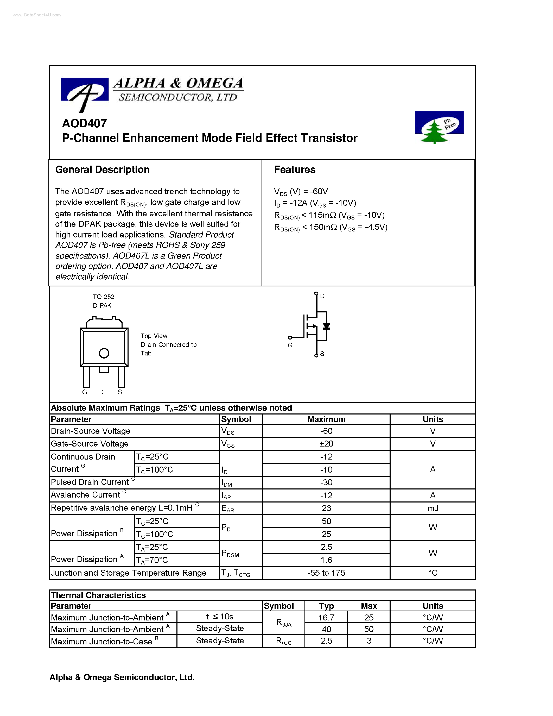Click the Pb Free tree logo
pyautogui.click(x=439, y=127)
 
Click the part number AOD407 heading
pyautogui.click(x=85, y=123)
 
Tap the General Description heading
pyautogui.click(x=102, y=169)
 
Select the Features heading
pyautogui.click(x=295, y=169)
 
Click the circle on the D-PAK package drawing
pyautogui.click(x=104, y=353)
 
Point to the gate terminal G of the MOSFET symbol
pyautogui.click(x=290, y=338)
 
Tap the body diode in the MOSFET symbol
pyautogui.click(x=326, y=326)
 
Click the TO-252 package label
pyautogui.click(x=104, y=297)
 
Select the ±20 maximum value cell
pyautogui.click(x=326, y=444)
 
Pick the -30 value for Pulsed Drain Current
pyautogui.click(x=326, y=482)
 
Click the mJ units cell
pyautogui.click(x=433, y=508)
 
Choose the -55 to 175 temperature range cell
pyautogui.click(x=326, y=573)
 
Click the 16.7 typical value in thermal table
pyautogui.click(x=326, y=618)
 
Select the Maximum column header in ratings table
pyautogui.click(x=326, y=419)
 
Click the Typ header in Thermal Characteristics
pyautogui.click(x=326, y=606)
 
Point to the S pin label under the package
pyautogui.click(x=120, y=392)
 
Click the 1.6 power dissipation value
pyautogui.click(x=326, y=560)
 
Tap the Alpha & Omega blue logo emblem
pyautogui.click(x=85, y=93)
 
